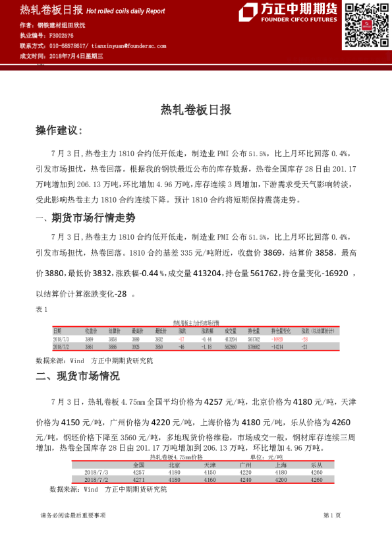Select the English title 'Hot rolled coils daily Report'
126,11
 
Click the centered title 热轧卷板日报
196,110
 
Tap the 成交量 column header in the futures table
231,330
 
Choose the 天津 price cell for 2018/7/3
210,472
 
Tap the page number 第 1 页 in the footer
332,515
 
